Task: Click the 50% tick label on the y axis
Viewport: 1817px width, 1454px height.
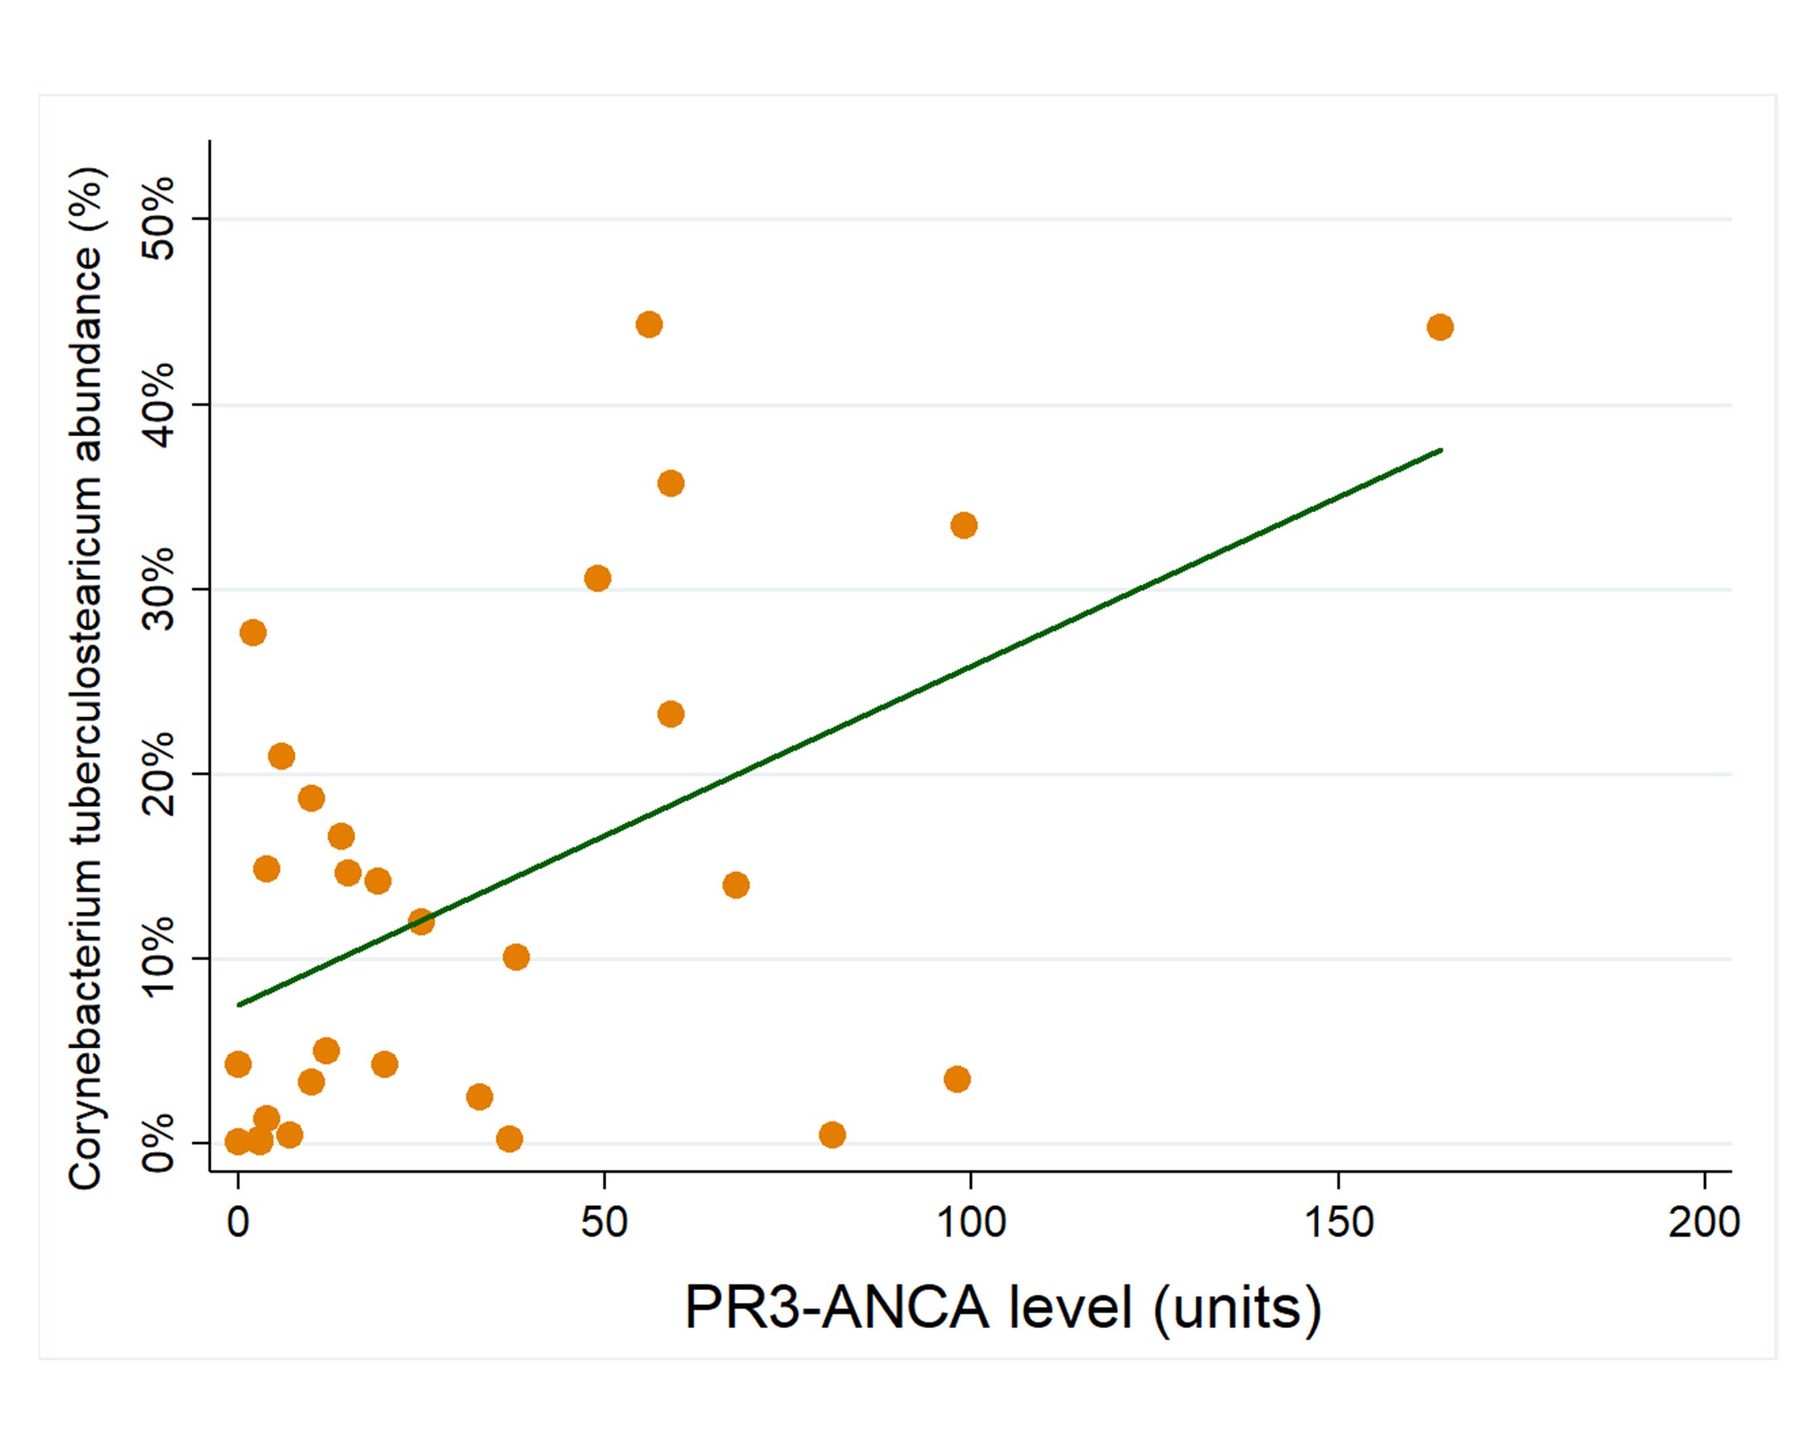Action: (x=157, y=218)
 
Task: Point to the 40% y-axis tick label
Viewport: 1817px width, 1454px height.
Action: (x=157, y=405)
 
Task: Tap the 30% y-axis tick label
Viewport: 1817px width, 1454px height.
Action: (x=157, y=588)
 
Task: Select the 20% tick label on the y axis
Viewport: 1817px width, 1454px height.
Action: (x=157, y=773)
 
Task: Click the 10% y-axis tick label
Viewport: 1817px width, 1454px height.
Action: (x=157, y=957)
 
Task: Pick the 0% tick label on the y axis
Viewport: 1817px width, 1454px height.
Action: (x=157, y=1143)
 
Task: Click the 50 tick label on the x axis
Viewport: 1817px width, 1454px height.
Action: (x=604, y=1221)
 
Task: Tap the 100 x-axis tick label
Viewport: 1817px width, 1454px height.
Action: (x=971, y=1221)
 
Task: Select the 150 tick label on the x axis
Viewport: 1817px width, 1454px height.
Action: (x=1338, y=1221)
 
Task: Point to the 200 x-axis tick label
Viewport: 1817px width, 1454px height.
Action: (x=1704, y=1221)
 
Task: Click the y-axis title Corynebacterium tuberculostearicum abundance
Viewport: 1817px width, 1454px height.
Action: (x=85, y=679)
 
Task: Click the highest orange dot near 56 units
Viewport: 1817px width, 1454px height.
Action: (x=649, y=325)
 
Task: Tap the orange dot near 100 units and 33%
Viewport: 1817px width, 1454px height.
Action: (x=963, y=526)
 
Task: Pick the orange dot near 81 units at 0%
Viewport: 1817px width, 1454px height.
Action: (x=832, y=1136)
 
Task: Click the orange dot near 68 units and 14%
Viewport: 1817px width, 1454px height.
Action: (x=736, y=885)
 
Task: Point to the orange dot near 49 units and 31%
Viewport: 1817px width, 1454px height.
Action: (x=598, y=578)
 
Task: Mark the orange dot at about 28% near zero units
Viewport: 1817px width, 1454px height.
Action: (x=253, y=633)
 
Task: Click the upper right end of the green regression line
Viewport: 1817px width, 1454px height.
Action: (x=1441, y=450)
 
